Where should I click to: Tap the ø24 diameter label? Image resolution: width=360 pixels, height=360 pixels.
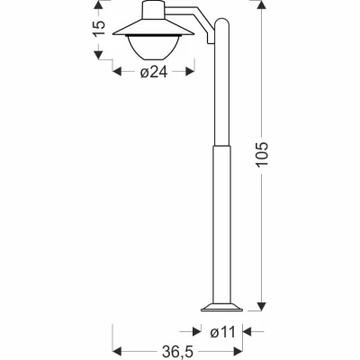click(x=155, y=75)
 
